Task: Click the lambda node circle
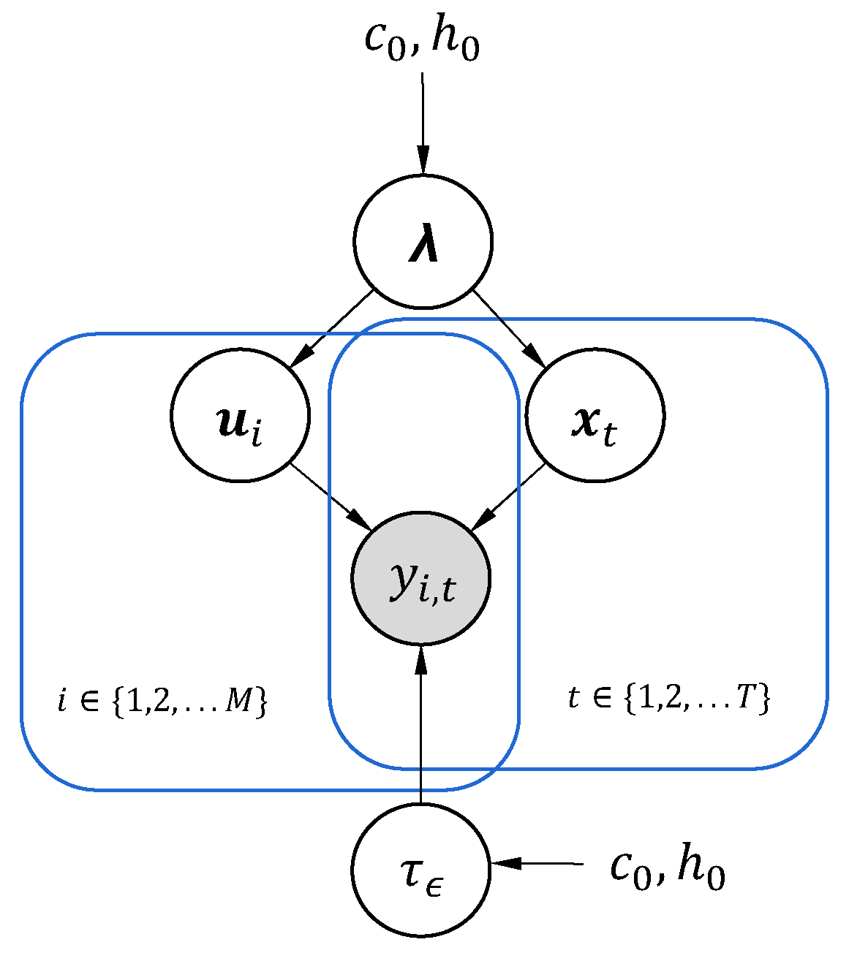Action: [x=423, y=241]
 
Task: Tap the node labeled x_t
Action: [x=595, y=414]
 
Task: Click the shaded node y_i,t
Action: [x=421, y=578]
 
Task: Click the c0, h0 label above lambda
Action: [x=422, y=40]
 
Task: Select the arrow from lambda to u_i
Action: [x=333, y=328]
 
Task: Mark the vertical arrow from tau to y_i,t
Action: [x=421, y=724]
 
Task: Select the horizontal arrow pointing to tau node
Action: [x=537, y=863]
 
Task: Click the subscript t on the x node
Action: [x=609, y=435]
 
